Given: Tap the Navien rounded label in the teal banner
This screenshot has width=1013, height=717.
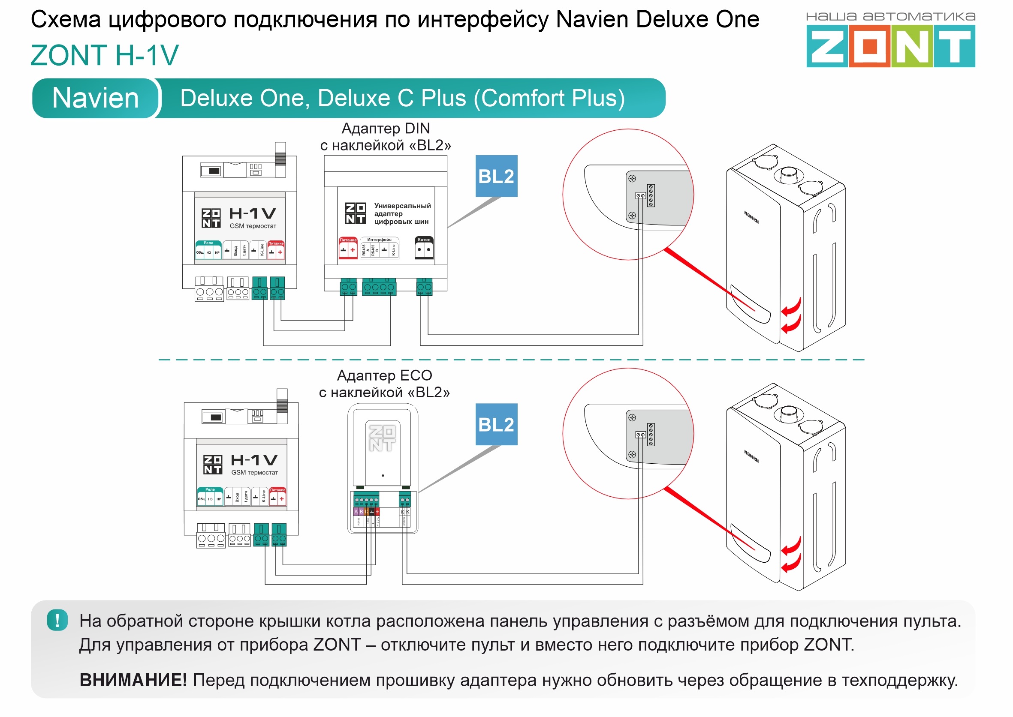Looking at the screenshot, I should coord(95,98).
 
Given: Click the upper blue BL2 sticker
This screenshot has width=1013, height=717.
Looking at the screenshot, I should coord(496,176).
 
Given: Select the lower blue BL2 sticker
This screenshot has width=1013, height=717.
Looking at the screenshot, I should coord(496,424).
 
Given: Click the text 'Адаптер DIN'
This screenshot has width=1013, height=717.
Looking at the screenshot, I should coord(386,129).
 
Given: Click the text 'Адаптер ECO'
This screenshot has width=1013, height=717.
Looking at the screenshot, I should coord(384,375).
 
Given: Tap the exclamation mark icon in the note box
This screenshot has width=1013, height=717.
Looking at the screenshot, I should coord(57,620).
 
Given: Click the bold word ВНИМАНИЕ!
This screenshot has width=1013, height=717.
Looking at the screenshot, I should coord(133,680).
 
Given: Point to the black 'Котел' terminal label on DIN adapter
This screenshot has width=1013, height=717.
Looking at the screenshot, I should coord(424,240).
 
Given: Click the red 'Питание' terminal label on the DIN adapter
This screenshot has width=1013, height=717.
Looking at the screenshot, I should coord(348,240).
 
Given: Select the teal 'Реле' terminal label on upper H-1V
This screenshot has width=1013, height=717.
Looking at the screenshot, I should coord(208,243).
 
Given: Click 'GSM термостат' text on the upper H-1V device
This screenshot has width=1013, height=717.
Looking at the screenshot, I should coord(253,226).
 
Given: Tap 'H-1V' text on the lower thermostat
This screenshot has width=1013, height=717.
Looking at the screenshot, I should coord(254,460).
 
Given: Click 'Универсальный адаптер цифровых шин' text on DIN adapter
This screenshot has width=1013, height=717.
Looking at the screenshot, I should coord(401,214).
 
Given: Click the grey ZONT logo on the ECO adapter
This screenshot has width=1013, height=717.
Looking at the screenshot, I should coord(382,438).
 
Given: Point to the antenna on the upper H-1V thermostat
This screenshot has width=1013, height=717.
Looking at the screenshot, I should coord(280,155).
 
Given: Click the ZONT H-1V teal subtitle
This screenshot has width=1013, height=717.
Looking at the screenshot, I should coord(105,55).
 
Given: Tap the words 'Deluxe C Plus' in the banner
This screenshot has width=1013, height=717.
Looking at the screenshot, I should coord(392,98).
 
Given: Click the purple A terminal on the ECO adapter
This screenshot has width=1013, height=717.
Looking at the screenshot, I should coord(356,512).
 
